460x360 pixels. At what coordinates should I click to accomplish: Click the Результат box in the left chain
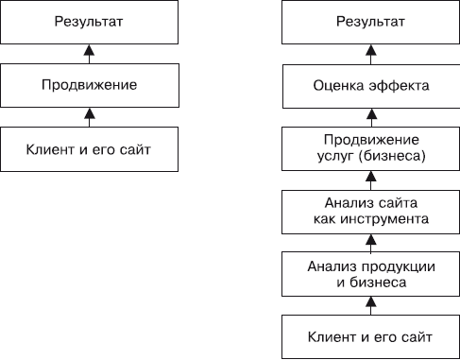point(89,20)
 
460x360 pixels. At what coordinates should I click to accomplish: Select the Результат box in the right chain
point(371,20)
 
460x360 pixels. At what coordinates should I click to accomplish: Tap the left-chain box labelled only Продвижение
point(89,85)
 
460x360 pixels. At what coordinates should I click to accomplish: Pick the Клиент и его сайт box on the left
point(89,148)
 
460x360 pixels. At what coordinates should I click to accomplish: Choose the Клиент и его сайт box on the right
point(371,336)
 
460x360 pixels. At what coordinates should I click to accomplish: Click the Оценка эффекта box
point(371,85)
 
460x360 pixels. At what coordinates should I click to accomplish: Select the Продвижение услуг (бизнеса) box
point(371,148)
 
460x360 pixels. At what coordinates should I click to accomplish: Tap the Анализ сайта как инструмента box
point(371,211)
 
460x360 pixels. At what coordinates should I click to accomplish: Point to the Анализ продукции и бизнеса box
point(371,274)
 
